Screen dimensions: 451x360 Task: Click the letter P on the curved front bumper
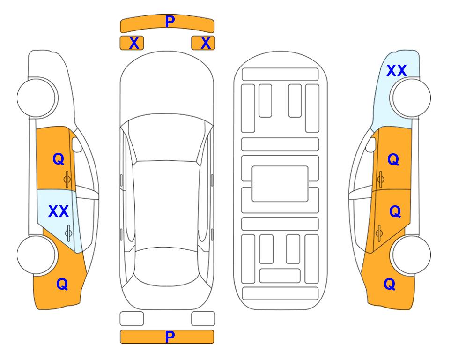point(170,22)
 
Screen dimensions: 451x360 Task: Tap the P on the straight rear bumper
point(170,337)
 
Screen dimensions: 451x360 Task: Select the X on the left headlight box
point(134,43)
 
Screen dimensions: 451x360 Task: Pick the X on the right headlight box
point(206,43)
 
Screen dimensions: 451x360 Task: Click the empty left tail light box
point(132,319)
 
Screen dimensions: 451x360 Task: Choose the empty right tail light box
point(203,319)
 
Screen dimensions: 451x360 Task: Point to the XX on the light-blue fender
point(396,71)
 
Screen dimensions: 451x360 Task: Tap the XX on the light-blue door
point(59,211)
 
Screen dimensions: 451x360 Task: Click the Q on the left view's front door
point(59,159)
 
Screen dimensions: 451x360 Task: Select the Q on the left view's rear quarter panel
point(62,284)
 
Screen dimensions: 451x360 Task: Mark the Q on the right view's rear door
point(395,212)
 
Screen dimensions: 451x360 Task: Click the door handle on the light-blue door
point(68,233)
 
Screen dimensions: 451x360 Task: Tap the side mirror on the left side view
point(77,144)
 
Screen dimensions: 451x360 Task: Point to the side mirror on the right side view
point(371,144)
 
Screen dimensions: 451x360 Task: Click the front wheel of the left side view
point(37,98)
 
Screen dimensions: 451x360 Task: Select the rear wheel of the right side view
point(411,255)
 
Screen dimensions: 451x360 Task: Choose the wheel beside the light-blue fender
point(411,98)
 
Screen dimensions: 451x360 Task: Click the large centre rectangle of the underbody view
point(280,184)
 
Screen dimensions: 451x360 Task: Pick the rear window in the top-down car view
point(167,266)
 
